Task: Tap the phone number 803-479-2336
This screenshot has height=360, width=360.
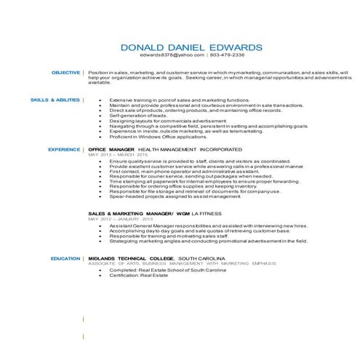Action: tap(228, 55)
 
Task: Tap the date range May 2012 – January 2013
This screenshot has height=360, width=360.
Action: tap(121, 218)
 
